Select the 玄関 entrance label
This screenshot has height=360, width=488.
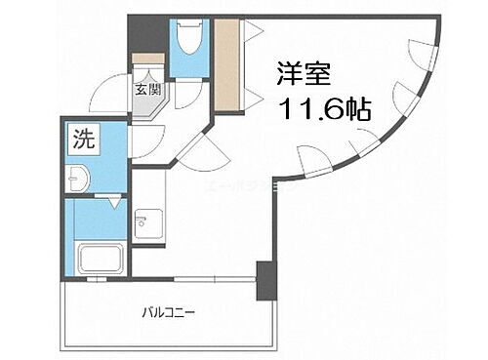coord(149,94)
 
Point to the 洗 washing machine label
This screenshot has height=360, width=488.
coord(83,139)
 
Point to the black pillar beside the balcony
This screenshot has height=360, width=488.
coord(265,280)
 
